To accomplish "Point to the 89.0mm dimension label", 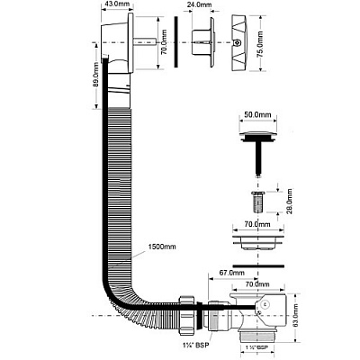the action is pos(95,76).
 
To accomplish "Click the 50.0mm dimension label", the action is pos(257,115).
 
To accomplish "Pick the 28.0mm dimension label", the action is pos(290,201).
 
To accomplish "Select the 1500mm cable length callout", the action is pos(162,247).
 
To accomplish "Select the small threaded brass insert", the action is pos(258,202).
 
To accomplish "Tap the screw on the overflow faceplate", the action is pos(238,42).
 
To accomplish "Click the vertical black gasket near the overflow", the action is pos(176,41).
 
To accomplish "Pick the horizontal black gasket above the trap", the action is pos(258,265).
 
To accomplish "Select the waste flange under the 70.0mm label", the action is pos(258,242).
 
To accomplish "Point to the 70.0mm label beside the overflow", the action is pos(164,42).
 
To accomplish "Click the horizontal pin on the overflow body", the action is pos(145,41).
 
